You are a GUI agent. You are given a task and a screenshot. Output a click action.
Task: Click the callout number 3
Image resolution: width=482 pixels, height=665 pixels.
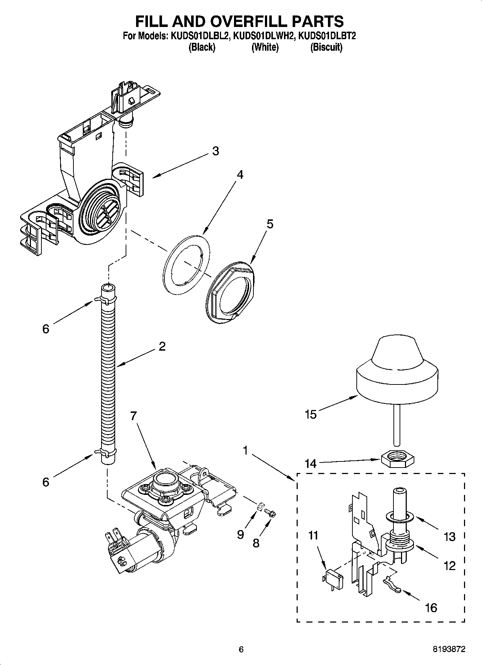pyautogui.click(x=215, y=151)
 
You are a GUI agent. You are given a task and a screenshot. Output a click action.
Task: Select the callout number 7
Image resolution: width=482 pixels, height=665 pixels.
pyautogui.click(x=134, y=416)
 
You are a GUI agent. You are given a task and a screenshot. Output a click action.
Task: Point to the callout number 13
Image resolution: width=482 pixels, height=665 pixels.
pyautogui.click(x=449, y=537)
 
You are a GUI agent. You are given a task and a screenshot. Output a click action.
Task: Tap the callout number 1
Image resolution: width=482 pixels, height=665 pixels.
pyautogui.click(x=245, y=450)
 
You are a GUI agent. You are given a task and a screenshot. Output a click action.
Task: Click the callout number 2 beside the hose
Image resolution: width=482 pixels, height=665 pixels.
pyautogui.click(x=162, y=346)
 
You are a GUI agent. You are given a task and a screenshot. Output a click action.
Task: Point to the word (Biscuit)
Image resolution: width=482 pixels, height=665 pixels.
pyautogui.click(x=326, y=47)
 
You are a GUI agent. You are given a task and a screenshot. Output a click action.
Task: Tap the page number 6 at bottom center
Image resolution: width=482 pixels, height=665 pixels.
pyautogui.click(x=241, y=649)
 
